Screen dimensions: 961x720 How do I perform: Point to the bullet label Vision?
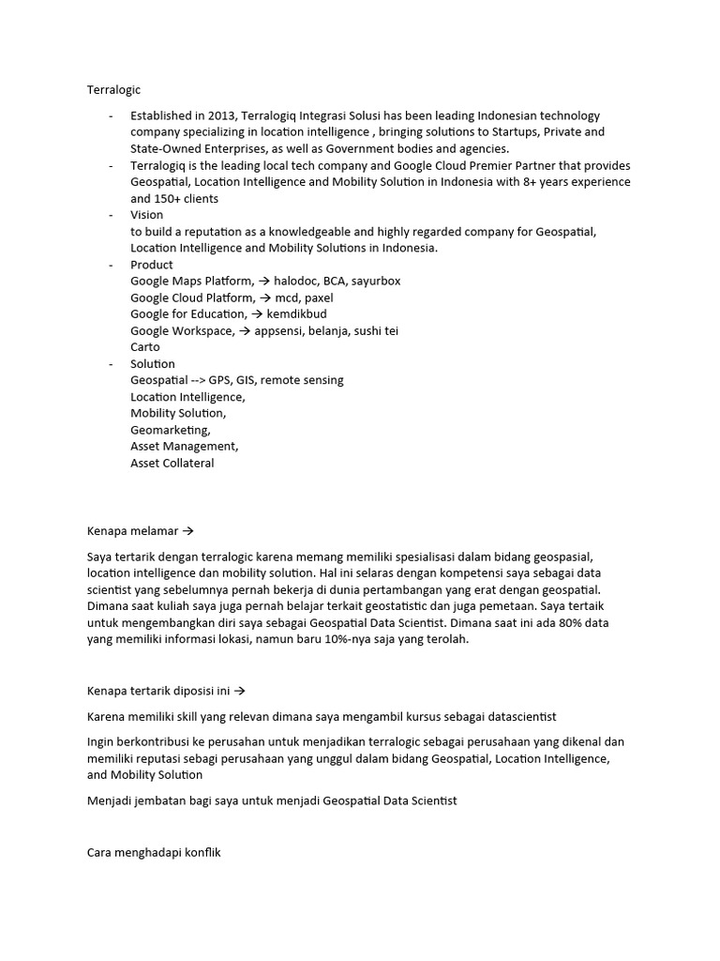pyautogui.click(x=146, y=215)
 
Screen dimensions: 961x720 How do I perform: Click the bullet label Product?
pyautogui.click(x=151, y=265)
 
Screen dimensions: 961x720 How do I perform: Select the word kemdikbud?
pyautogui.click(x=296, y=314)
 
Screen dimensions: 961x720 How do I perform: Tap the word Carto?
pyautogui.click(x=145, y=347)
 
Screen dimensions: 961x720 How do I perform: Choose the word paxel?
pyautogui.click(x=317, y=297)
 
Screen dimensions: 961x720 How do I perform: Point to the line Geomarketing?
pyautogui.click(x=170, y=430)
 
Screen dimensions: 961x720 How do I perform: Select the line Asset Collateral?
pyautogui.click(x=172, y=463)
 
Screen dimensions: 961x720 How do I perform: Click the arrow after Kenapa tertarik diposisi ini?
pyautogui.click(x=239, y=691)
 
